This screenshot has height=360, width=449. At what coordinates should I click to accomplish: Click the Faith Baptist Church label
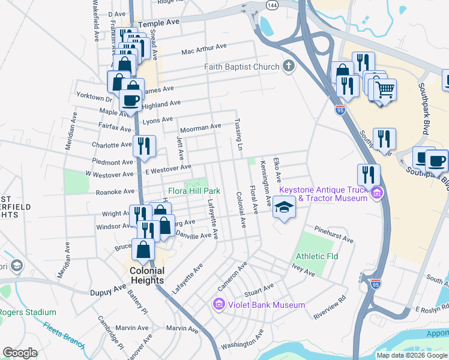[x=242, y=67]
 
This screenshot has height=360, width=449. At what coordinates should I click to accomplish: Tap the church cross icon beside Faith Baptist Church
[x=289, y=66]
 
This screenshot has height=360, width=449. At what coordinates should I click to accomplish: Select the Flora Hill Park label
[x=194, y=191]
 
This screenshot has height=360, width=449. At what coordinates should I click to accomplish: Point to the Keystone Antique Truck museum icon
[x=376, y=193]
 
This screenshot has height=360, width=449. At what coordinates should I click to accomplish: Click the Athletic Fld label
[x=317, y=256]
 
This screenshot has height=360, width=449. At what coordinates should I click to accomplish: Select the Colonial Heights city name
[x=147, y=275]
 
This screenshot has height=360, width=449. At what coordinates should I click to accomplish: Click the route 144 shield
[x=273, y=4]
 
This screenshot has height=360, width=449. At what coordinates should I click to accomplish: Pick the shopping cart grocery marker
[x=385, y=90]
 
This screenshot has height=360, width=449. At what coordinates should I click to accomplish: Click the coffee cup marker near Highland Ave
[x=131, y=100]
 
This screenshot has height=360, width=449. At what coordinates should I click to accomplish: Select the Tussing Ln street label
[x=239, y=139]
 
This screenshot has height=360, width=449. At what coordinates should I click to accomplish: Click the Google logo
[x=20, y=353]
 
